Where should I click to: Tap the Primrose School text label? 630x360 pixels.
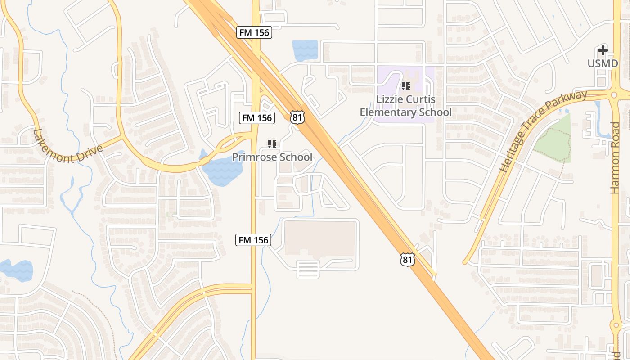[272, 157]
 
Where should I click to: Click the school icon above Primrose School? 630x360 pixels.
[272, 144]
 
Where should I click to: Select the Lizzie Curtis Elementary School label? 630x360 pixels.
[405, 106]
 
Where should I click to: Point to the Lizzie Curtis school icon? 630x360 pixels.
[406, 85]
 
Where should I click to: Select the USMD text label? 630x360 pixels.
[603, 63]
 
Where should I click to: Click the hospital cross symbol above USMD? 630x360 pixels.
[603, 50]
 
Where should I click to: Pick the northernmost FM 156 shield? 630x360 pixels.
[254, 32]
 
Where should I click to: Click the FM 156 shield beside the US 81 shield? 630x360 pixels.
[256, 118]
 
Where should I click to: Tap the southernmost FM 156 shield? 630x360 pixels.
[253, 240]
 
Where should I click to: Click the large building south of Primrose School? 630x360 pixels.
[319, 238]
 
